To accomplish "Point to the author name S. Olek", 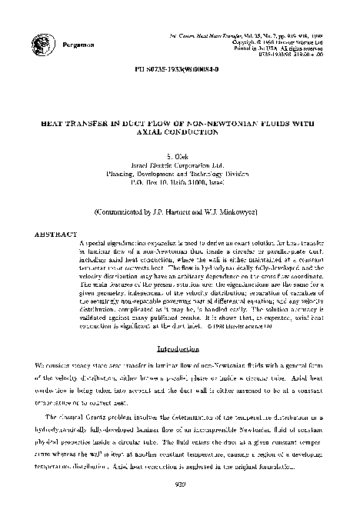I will coord(181,156).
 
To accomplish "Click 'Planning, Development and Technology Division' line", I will coord(181,175).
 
